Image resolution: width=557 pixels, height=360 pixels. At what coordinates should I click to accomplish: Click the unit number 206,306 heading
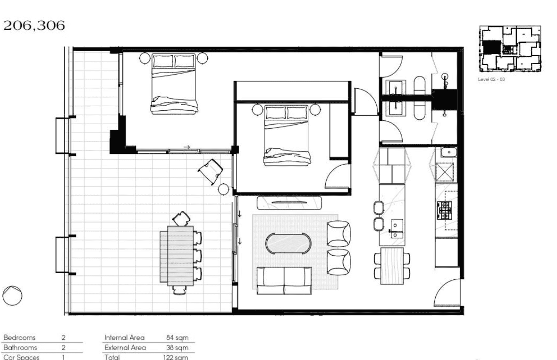[x=34, y=25]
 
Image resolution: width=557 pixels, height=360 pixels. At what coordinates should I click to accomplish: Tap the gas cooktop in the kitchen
[x=445, y=210]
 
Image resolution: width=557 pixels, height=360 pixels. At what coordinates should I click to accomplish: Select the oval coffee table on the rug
[x=288, y=243]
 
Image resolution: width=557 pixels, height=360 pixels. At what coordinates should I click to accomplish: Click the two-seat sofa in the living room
[x=284, y=280]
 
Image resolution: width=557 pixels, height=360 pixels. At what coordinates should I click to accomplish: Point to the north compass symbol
[x=12, y=295]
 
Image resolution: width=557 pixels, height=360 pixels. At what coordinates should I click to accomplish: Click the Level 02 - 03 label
[x=491, y=80]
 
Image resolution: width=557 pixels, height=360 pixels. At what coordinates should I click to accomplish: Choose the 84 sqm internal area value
[x=177, y=338]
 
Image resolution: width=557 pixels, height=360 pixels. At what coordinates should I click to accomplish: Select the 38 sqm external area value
[x=177, y=348]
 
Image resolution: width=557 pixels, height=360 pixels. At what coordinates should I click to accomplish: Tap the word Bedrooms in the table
[x=19, y=338]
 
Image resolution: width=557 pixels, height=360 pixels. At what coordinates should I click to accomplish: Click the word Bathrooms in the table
[x=20, y=348]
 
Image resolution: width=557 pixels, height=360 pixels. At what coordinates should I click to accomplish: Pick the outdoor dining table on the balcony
[x=180, y=256]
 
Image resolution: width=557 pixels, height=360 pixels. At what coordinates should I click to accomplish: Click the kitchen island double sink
[x=397, y=228]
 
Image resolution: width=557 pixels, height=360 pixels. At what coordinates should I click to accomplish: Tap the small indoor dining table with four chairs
[x=392, y=266]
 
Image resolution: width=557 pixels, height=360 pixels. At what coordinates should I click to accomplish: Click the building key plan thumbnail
[x=510, y=49]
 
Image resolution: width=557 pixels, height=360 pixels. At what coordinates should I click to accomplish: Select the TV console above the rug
[x=289, y=203]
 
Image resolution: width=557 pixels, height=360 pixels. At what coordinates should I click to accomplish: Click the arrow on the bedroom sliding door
[x=187, y=147]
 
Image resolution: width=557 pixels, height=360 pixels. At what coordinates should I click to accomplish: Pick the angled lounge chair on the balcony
[x=211, y=171]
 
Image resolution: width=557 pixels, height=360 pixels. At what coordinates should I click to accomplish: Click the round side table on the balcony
[x=223, y=189]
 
